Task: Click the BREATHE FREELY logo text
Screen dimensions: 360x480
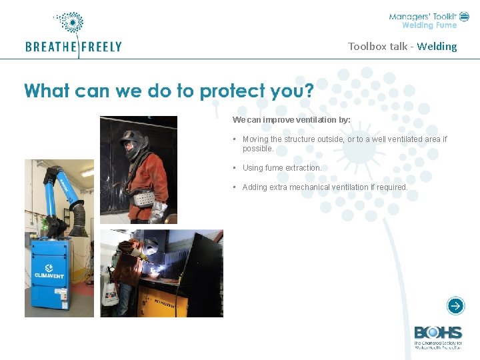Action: click(73, 47)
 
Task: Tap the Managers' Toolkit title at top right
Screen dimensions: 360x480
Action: click(423, 16)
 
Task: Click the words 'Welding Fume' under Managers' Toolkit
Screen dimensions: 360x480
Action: click(429, 26)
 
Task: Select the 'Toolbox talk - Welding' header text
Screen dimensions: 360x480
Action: click(402, 46)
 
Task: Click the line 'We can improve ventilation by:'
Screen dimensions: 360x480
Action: click(291, 120)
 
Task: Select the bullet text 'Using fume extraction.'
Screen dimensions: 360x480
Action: click(282, 168)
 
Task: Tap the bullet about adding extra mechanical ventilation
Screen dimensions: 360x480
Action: click(325, 187)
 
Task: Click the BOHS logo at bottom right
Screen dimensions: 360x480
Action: click(437, 333)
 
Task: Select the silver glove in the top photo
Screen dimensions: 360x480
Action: click(158, 213)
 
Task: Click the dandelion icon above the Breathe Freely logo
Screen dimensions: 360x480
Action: click(70, 23)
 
